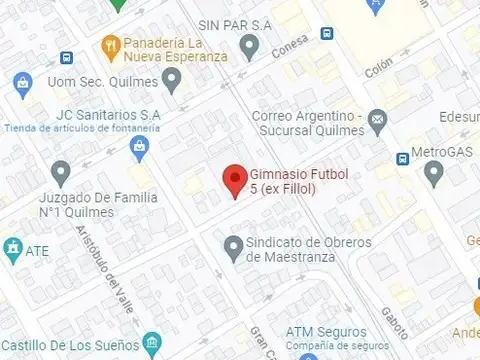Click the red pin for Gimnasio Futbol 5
click(x=234, y=180)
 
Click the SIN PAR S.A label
click(x=236, y=24)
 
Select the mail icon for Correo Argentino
click(x=377, y=122)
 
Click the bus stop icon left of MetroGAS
click(x=403, y=157)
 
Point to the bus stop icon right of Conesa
click(x=327, y=33)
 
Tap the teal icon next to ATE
click(x=12, y=247)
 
